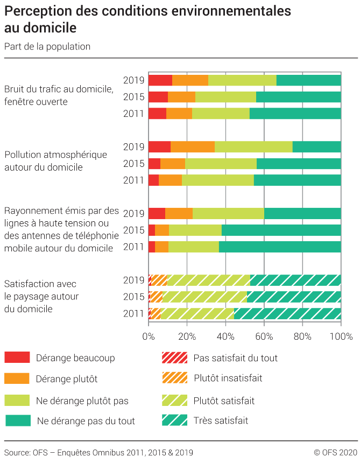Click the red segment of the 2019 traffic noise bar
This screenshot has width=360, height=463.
[x=160, y=80]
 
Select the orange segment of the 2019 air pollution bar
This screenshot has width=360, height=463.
[x=192, y=147]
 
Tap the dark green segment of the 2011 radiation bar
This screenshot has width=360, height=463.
[x=280, y=247]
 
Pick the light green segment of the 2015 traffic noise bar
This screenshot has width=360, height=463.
[x=225, y=97]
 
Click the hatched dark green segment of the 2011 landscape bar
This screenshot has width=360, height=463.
[x=287, y=314]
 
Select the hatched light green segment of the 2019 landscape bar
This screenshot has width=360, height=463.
[x=208, y=280]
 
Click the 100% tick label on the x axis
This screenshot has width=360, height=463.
[x=341, y=337]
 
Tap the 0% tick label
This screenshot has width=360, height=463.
[x=149, y=337]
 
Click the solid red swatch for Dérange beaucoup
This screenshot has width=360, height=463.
[x=17, y=357]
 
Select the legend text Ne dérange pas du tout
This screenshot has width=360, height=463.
[x=86, y=421]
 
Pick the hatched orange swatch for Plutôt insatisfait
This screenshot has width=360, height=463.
[x=174, y=378]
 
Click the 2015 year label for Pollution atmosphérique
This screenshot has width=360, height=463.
[x=133, y=164]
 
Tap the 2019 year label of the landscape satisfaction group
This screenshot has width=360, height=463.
[x=133, y=280]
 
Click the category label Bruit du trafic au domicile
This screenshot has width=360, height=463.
[x=59, y=89]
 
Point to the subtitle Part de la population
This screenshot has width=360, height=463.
[x=47, y=46]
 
